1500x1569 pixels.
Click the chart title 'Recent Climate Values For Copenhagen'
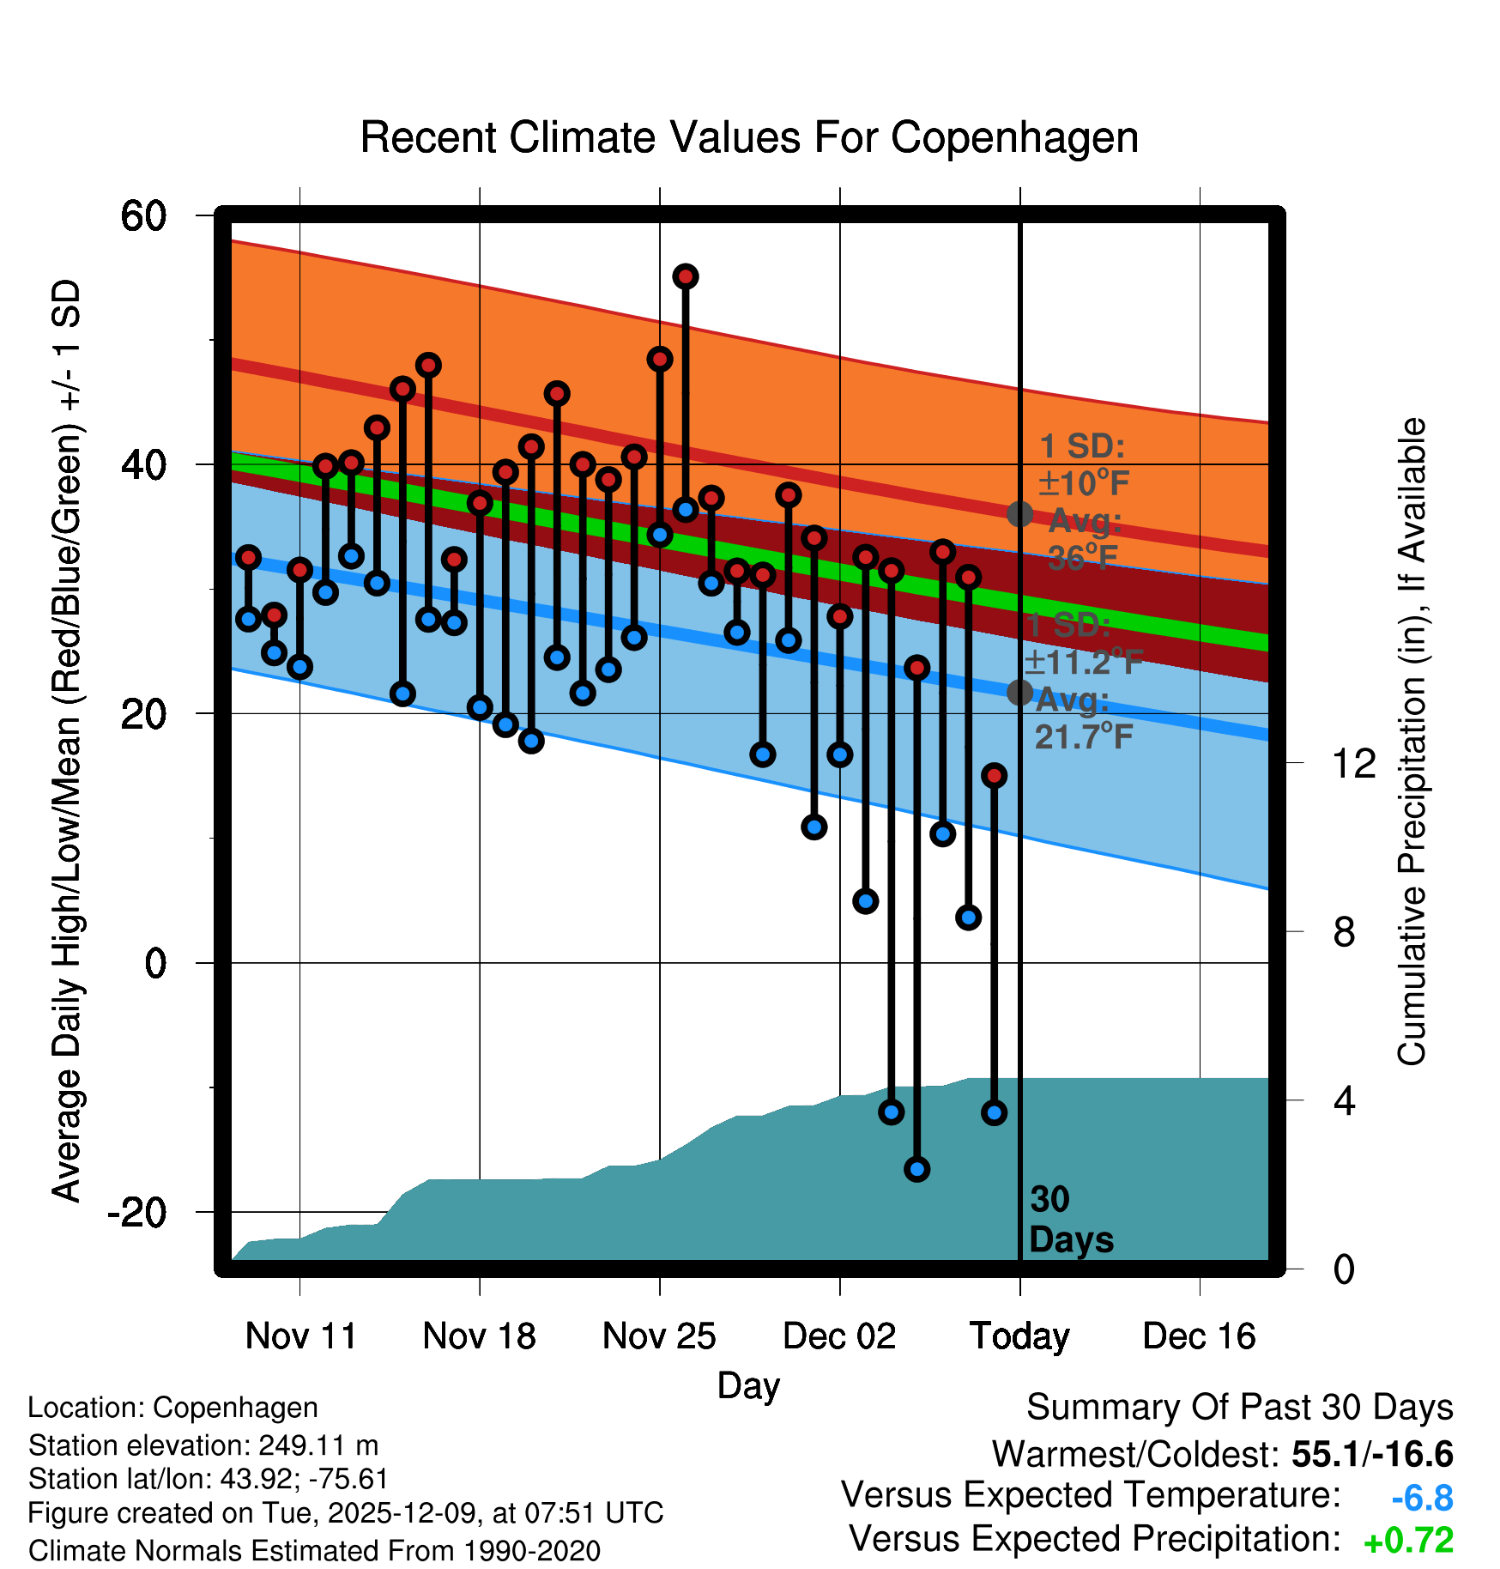coord(749,137)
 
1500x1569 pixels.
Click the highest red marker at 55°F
coord(686,276)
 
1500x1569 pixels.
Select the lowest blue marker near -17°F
coord(917,1169)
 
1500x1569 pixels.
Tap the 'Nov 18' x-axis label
coord(479,1336)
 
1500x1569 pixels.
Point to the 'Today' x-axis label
coord(1019,1336)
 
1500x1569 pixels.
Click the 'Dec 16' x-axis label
coord(1199,1336)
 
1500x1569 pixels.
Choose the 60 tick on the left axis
coord(143,215)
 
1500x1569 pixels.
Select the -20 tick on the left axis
coord(137,1212)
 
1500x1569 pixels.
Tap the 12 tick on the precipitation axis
coord(1353,763)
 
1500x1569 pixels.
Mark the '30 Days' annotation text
coord(1070,1220)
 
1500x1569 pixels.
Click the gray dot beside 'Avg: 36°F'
coord(1019,514)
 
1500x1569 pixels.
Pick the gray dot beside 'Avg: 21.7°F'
coord(1019,692)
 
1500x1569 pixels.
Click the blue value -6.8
coord(1422,1499)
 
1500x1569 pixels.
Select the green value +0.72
coord(1408,1541)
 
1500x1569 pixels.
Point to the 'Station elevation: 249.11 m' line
coord(203,1445)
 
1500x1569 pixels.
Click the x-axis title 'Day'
coord(748,1385)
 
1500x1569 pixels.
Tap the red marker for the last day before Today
coord(995,776)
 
